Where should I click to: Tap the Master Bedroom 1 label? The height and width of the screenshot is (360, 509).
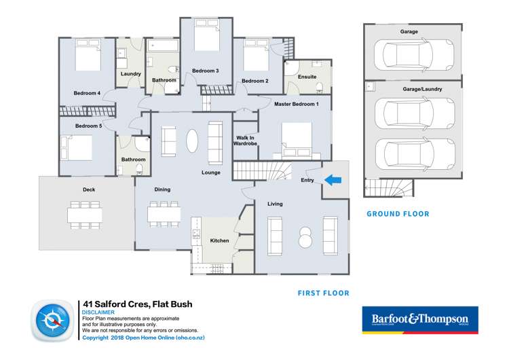(296, 104)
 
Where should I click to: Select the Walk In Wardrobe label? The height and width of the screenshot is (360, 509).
(244, 141)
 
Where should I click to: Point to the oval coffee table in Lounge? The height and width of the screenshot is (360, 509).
(193, 141)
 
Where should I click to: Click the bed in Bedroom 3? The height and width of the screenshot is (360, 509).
(206, 37)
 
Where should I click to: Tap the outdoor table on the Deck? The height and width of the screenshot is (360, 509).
(85, 215)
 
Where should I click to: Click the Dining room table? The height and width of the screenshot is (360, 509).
(163, 215)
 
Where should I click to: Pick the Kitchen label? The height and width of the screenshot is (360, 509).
(219, 240)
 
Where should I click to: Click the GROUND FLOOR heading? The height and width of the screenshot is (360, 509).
(398, 214)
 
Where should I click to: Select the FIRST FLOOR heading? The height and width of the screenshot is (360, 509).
(323, 293)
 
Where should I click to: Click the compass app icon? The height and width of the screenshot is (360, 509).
(52, 321)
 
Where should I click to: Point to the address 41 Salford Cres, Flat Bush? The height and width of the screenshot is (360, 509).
(137, 304)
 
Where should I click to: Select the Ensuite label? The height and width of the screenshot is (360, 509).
(307, 77)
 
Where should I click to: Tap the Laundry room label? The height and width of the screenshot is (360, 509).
(130, 73)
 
